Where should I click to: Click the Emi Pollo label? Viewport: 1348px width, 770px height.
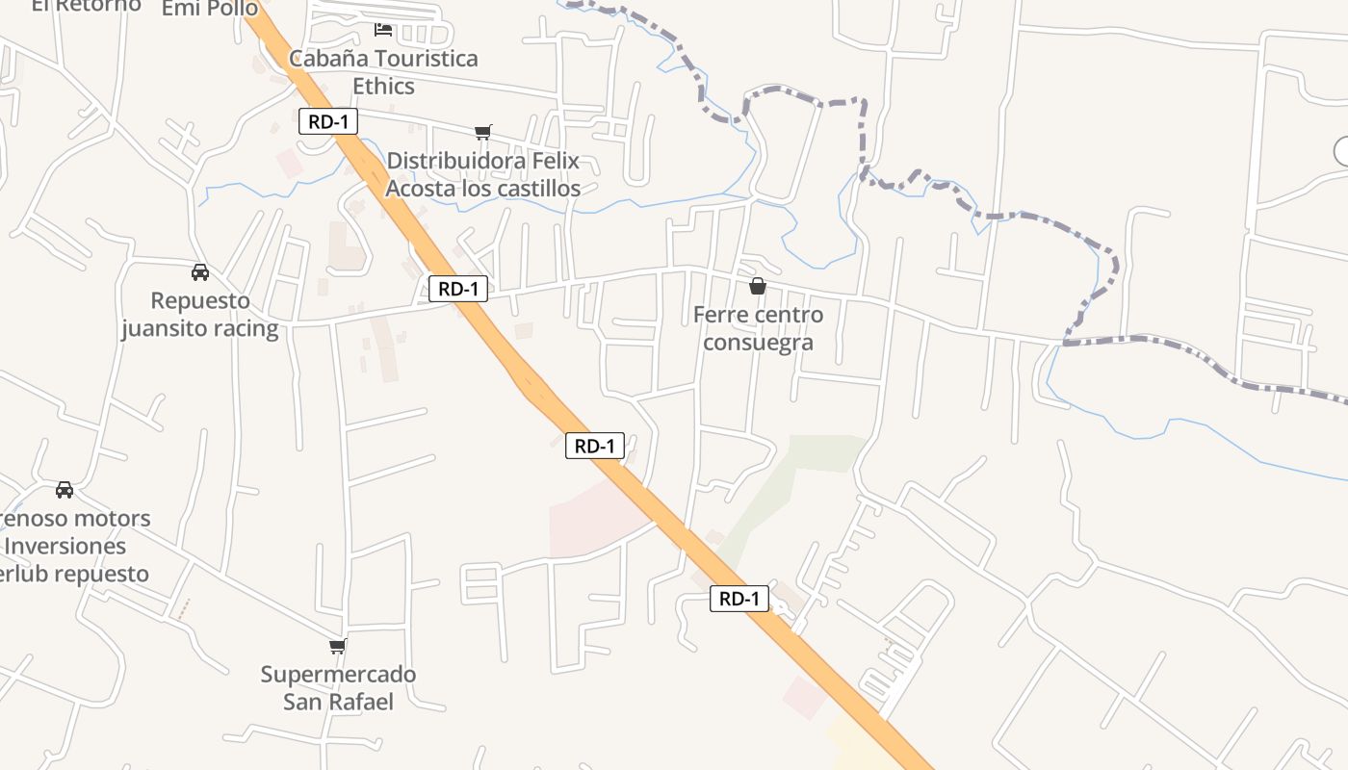(210, 9)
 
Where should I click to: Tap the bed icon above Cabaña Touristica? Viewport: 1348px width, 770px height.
(383, 30)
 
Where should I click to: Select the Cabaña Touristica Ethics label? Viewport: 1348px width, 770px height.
(383, 72)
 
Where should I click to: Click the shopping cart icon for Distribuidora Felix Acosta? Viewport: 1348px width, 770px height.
(482, 133)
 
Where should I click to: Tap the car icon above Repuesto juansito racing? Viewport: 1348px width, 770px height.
(200, 272)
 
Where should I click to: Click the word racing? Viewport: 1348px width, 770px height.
(245, 329)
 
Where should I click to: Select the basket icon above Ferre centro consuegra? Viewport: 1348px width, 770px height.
(758, 286)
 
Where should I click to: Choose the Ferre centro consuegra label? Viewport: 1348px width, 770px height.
(758, 328)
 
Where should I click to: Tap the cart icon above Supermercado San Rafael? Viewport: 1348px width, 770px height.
(337, 646)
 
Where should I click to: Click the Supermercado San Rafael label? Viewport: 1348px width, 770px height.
(338, 687)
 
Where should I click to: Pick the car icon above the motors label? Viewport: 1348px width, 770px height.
(65, 490)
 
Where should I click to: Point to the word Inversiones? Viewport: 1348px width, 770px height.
(65, 546)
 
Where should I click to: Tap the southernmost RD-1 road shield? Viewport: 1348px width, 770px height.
(739, 599)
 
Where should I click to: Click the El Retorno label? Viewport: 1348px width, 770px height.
(87, 6)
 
